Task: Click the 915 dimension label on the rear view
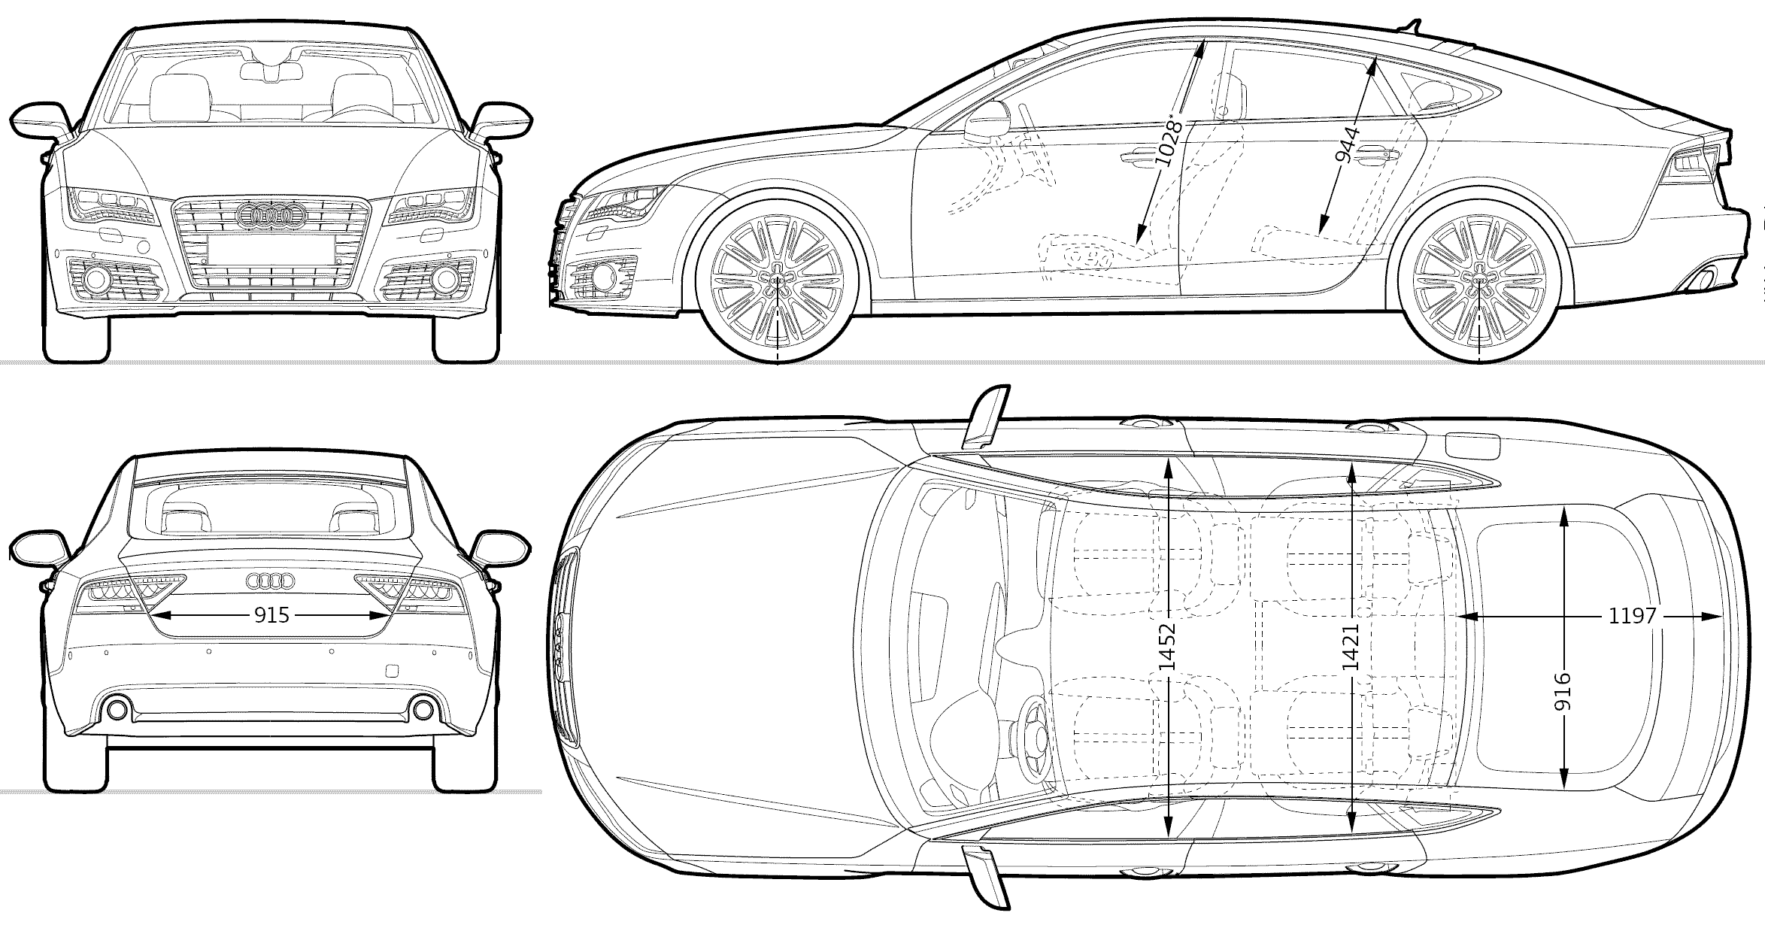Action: [271, 616]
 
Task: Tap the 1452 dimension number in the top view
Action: [1167, 647]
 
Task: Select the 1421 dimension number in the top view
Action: [1351, 647]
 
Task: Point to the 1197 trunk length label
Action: [1633, 616]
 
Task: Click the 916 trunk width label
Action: [1563, 691]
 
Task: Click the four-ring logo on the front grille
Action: [271, 215]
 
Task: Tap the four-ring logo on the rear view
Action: [271, 581]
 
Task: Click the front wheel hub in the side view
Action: [778, 280]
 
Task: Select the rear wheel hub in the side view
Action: [1480, 280]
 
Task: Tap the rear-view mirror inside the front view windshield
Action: [271, 71]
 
